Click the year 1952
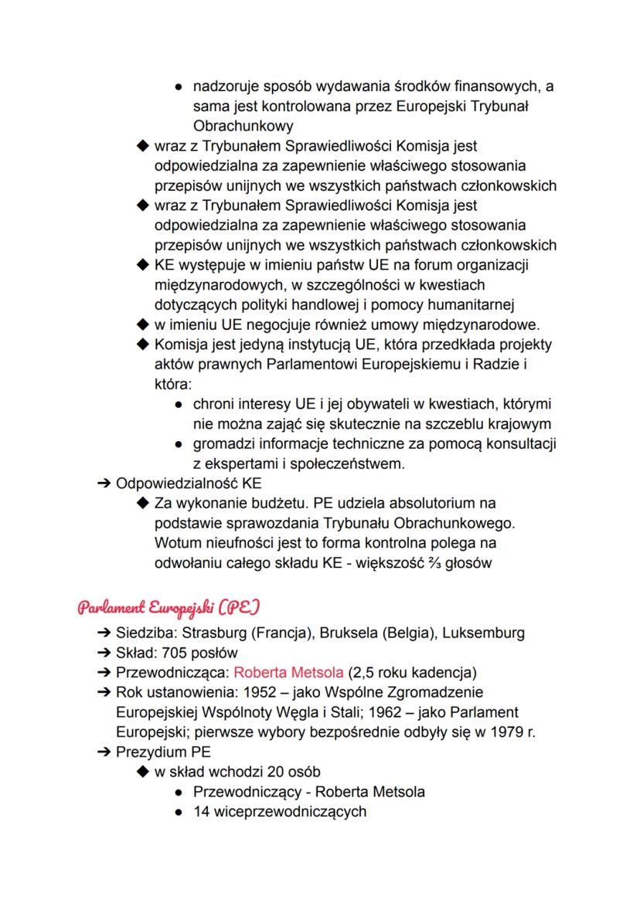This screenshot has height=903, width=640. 289,692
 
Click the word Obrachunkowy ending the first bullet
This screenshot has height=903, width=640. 243,125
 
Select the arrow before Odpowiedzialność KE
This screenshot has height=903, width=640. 103,484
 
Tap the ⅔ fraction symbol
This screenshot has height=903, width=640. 438,563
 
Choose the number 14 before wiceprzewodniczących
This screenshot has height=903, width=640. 201,811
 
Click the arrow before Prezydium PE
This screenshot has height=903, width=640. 103,752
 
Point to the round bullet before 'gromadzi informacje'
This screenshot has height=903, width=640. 179,444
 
